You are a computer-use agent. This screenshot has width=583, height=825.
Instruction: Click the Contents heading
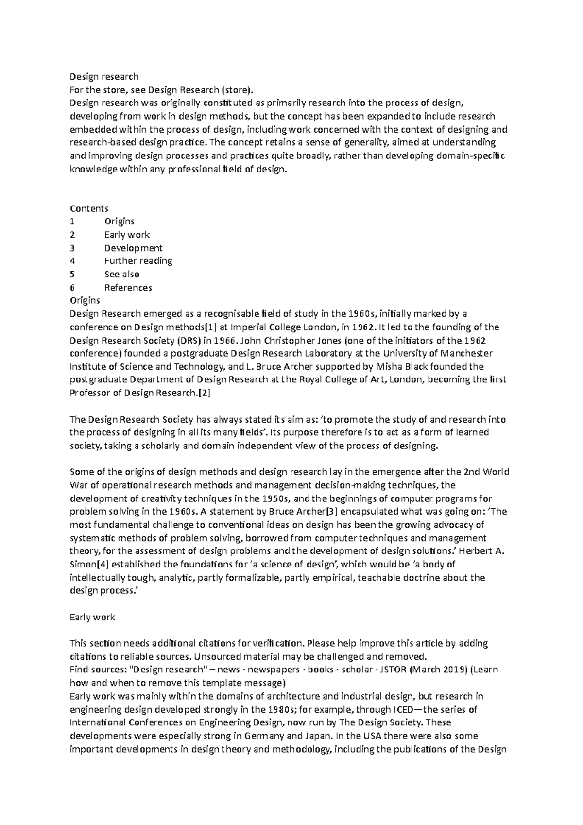pos(89,208)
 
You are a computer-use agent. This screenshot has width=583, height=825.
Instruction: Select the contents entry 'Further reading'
pos(138,261)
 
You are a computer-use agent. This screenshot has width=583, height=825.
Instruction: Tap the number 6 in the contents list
pos(72,287)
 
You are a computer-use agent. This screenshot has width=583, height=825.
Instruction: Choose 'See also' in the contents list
pos(121,274)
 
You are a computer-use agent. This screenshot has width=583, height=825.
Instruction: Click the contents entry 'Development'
pos(133,248)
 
